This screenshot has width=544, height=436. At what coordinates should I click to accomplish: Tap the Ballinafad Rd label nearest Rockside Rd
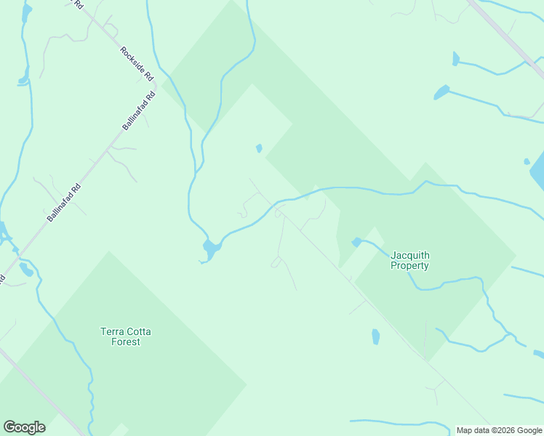point(139,111)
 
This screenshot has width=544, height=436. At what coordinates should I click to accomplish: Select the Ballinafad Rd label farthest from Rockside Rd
point(64,202)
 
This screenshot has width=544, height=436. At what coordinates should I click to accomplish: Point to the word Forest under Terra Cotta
point(126,342)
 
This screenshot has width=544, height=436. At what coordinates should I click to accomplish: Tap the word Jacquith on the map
point(410,255)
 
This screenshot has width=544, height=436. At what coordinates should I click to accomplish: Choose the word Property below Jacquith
point(410,265)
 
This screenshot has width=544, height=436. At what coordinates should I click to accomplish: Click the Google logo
point(24,427)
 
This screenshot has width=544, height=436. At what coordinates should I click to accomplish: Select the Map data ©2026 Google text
point(499,430)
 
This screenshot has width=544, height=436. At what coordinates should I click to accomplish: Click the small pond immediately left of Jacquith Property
point(356,241)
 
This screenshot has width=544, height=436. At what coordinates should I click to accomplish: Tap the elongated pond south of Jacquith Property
point(375,336)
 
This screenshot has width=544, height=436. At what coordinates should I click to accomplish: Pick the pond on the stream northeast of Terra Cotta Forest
point(210,249)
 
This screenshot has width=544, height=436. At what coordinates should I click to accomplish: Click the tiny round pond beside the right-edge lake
point(527,161)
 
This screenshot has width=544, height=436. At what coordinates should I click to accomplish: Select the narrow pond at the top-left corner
point(27,12)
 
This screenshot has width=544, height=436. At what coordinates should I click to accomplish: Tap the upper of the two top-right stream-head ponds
point(456,59)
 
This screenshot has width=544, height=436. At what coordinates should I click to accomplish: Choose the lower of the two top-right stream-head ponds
point(441,92)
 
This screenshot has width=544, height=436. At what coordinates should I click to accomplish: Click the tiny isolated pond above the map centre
point(259,149)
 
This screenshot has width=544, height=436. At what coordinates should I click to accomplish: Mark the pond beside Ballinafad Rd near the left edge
point(26,270)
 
